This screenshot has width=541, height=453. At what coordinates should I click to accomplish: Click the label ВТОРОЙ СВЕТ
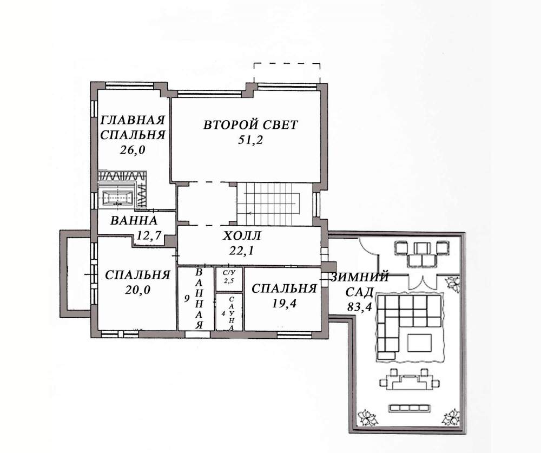(250, 124)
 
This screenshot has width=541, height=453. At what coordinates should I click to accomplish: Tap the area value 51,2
(250, 140)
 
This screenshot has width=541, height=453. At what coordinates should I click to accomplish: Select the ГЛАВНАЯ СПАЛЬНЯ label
(133, 127)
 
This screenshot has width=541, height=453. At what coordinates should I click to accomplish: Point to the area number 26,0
(133, 150)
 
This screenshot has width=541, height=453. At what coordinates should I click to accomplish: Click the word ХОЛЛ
(242, 236)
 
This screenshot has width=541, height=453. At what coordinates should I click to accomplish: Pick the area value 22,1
(241, 251)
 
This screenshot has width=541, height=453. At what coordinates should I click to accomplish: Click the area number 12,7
(149, 235)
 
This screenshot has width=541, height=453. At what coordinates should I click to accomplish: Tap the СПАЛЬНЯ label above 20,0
(137, 275)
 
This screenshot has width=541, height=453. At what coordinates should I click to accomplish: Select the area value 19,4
(285, 303)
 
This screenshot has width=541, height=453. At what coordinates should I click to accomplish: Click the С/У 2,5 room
(229, 279)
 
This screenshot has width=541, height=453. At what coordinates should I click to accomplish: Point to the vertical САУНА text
(232, 313)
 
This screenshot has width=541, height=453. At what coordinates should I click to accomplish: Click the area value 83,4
(359, 307)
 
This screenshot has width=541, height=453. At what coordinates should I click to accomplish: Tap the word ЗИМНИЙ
(360, 277)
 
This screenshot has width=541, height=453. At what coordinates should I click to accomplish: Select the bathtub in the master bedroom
(117, 198)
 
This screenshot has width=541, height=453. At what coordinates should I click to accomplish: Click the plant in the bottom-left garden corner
(367, 418)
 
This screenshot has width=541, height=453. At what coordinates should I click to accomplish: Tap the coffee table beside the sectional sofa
(419, 343)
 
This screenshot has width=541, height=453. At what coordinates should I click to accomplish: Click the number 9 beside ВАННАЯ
(187, 298)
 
